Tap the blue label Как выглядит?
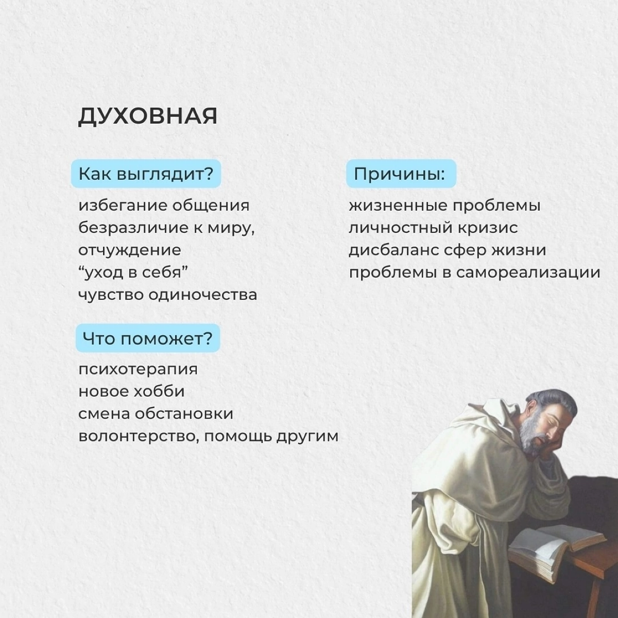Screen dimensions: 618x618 tap(146, 174)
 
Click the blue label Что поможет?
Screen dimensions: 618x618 tap(148, 338)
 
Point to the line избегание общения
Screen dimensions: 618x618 tap(164, 205)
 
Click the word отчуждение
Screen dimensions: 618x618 tap(130, 250)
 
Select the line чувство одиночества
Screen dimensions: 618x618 tap(167, 295)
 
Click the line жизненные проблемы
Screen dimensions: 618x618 tap(444, 205)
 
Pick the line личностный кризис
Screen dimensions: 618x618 tap(433, 228)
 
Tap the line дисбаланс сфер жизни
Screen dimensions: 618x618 tap(447, 250)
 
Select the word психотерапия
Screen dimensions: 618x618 tap(138, 369)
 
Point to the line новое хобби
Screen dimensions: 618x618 tap(131, 391)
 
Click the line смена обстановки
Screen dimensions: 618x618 tap(156, 414)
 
